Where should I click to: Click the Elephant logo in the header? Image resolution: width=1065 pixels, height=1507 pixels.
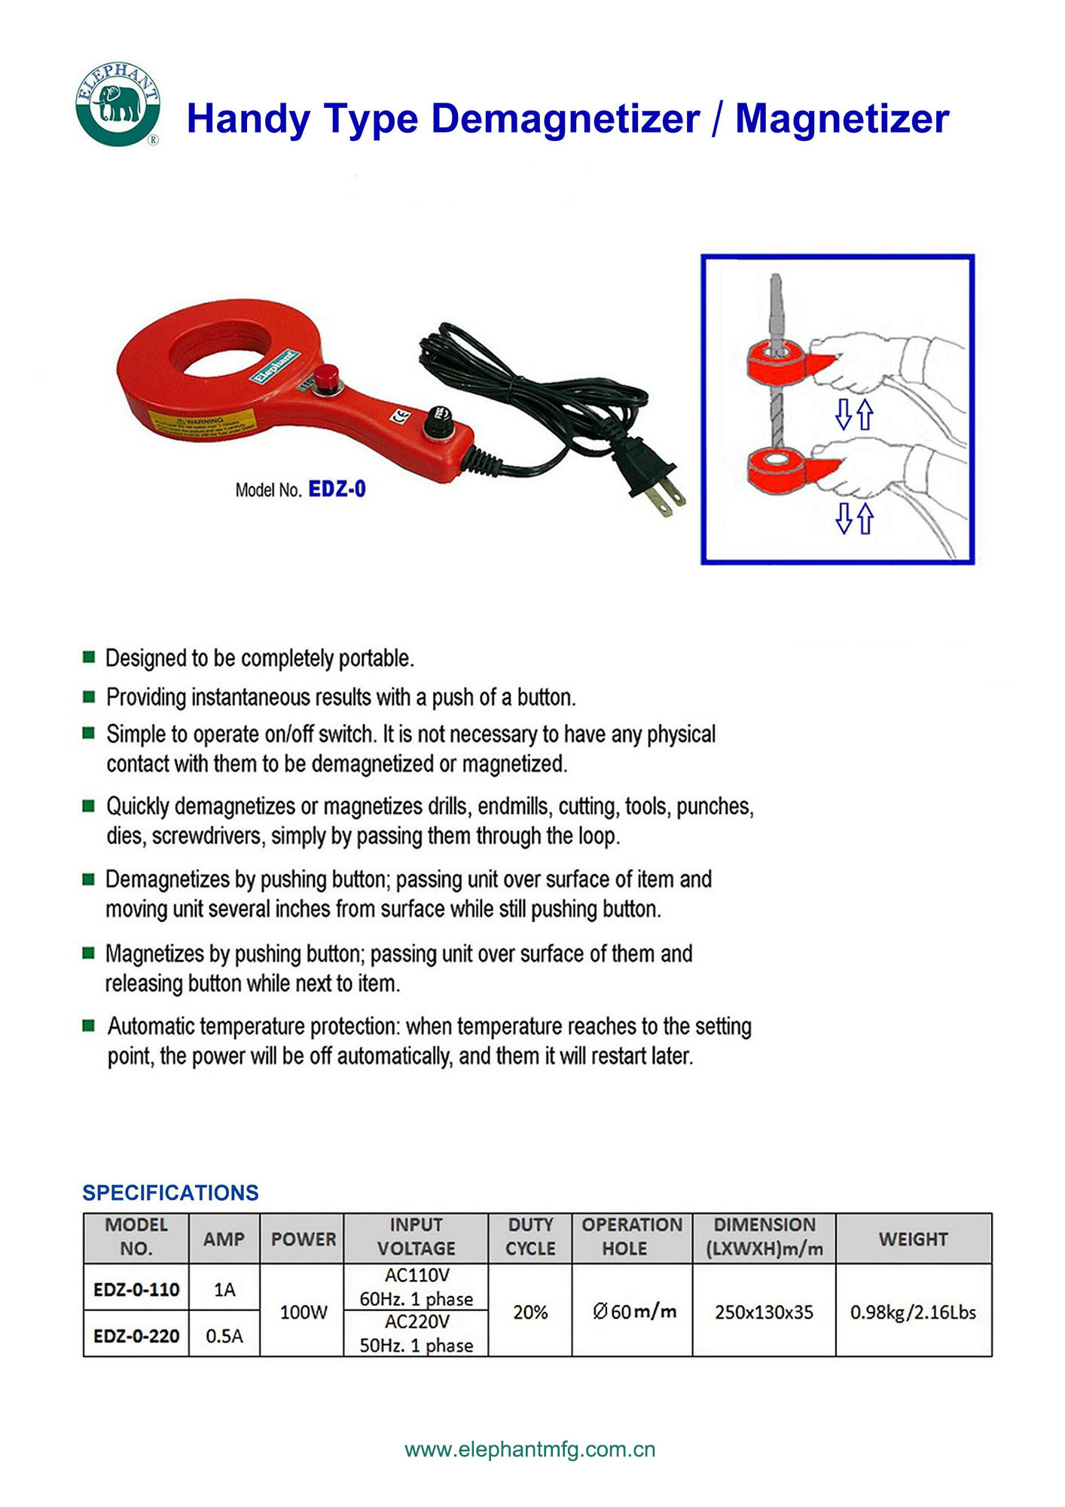pyautogui.click(x=118, y=104)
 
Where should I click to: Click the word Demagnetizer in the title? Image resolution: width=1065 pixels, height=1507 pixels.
pyautogui.click(x=565, y=119)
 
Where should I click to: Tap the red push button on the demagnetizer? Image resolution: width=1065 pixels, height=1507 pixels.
pyautogui.click(x=327, y=376)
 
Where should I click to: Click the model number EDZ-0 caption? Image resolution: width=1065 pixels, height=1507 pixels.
pyautogui.click(x=337, y=489)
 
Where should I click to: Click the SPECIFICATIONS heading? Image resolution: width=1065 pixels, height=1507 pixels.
pyautogui.click(x=170, y=1192)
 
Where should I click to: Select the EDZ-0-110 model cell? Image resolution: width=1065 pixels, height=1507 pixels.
pyautogui.click(x=136, y=1289)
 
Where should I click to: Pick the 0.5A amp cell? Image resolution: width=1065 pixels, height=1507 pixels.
pyautogui.click(x=224, y=1335)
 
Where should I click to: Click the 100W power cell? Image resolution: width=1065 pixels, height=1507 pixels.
pyautogui.click(x=303, y=1312)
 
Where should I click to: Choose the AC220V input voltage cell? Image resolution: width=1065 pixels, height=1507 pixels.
pyautogui.click(x=417, y=1333)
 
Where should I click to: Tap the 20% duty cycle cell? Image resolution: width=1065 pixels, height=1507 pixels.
pyautogui.click(x=530, y=1312)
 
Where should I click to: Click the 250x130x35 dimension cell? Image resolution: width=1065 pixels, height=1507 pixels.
pyautogui.click(x=764, y=1312)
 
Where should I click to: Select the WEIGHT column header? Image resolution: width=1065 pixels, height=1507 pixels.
pyautogui.click(x=913, y=1239)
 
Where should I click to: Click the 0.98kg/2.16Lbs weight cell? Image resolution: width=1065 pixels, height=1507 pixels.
pyautogui.click(x=913, y=1312)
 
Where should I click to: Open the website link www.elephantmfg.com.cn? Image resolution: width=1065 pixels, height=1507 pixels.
pyautogui.click(x=530, y=1449)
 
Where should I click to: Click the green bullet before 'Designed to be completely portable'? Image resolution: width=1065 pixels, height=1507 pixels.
pyautogui.click(x=89, y=657)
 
